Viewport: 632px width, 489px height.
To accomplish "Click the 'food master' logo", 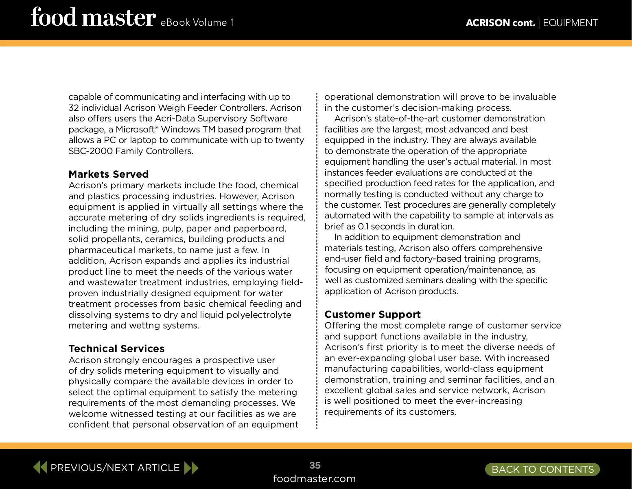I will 93,18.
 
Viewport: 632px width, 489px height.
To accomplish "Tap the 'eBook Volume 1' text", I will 197,22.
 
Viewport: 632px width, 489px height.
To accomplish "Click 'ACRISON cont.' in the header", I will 500,23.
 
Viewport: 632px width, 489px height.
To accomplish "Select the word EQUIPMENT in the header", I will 570,23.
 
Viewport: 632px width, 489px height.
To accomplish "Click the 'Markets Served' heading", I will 109,174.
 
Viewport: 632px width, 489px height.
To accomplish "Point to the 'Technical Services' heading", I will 116,349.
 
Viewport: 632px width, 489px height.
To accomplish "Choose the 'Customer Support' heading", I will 372,315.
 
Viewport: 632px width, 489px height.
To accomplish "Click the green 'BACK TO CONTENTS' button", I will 542,469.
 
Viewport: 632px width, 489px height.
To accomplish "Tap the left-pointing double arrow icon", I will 40,467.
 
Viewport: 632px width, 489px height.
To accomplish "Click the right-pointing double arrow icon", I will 191,467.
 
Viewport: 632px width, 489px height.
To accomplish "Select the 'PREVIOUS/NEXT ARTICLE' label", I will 115,468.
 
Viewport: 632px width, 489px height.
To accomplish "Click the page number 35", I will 315,465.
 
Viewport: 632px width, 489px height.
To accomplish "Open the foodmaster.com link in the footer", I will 314,479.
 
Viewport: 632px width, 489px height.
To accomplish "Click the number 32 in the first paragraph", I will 74,108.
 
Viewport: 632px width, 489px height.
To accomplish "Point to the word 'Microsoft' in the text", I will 136,130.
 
